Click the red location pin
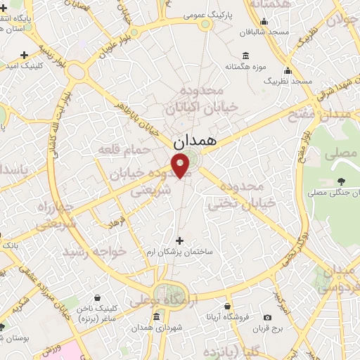[x=181, y=166]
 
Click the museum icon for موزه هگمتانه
[x=245, y=56]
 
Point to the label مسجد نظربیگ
[x=288, y=82]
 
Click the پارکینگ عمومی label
[x=205, y=13]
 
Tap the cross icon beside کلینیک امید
[x=25, y=54]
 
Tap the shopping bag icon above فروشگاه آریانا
[x=228, y=307]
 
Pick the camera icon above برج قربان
[x=268, y=317]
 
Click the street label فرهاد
[x=115, y=223]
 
